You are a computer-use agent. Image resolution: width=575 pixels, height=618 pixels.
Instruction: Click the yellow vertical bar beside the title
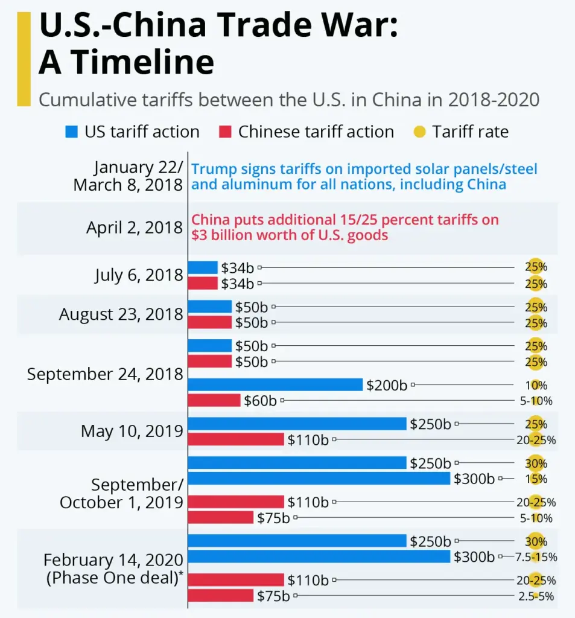(x=24, y=59)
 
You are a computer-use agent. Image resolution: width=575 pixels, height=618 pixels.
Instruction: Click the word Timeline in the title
(x=126, y=62)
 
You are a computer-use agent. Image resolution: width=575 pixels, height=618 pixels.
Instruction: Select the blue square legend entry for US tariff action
(x=71, y=132)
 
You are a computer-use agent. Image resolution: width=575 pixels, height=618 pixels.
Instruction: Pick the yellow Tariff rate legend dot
(x=421, y=132)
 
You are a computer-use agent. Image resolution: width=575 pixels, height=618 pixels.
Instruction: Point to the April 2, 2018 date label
(x=135, y=228)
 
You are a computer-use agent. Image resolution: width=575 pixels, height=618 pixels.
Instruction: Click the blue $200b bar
(x=275, y=385)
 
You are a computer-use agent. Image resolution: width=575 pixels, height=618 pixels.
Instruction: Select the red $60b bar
(x=214, y=400)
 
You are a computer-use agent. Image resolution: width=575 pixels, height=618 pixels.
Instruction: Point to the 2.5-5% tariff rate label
(x=536, y=596)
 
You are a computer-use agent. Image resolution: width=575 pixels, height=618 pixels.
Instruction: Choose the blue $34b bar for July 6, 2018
(x=203, y=267)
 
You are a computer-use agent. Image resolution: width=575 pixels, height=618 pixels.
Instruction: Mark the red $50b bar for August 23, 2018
(x=210, y=322)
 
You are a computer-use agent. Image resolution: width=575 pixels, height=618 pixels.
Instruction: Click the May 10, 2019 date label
(x=132, y=431)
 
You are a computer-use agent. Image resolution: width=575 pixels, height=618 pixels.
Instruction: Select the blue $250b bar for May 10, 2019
(x=297, y=424)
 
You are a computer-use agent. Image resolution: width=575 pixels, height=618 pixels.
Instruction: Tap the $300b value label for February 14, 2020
(x=474, y=556)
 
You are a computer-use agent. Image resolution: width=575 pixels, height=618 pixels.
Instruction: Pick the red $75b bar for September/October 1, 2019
(x=221, y=518)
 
